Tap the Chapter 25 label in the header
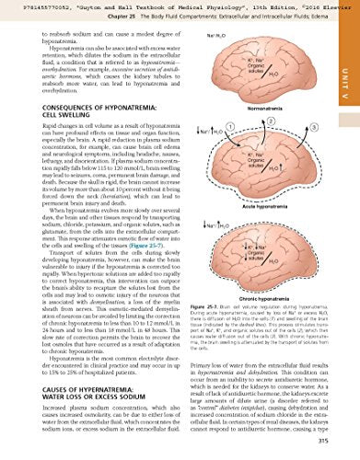pos(74,17)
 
